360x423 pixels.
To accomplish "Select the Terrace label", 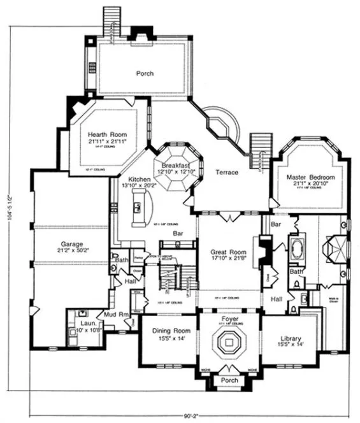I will pos(226,173).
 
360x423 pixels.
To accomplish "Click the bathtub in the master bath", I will pos(298,248).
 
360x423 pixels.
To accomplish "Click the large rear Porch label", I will pos(145,73).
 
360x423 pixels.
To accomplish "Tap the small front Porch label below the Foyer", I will pos(229,380).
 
